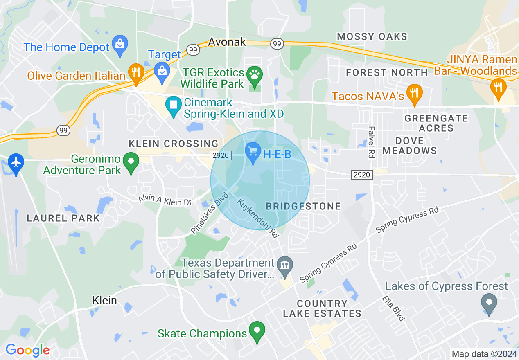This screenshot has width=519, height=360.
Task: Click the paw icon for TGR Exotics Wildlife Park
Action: pyautogui.click(x=255, y=76)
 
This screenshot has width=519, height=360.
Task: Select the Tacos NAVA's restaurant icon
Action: pyautogui.click(x=415, y=93)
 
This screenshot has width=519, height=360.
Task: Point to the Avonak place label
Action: pyautogui.click(x=227, y=42)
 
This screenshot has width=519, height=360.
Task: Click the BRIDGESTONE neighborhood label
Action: pyautogui.click(x=303, y=206)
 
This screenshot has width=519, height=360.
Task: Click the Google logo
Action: pyautogui.click(x=27, y=350)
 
